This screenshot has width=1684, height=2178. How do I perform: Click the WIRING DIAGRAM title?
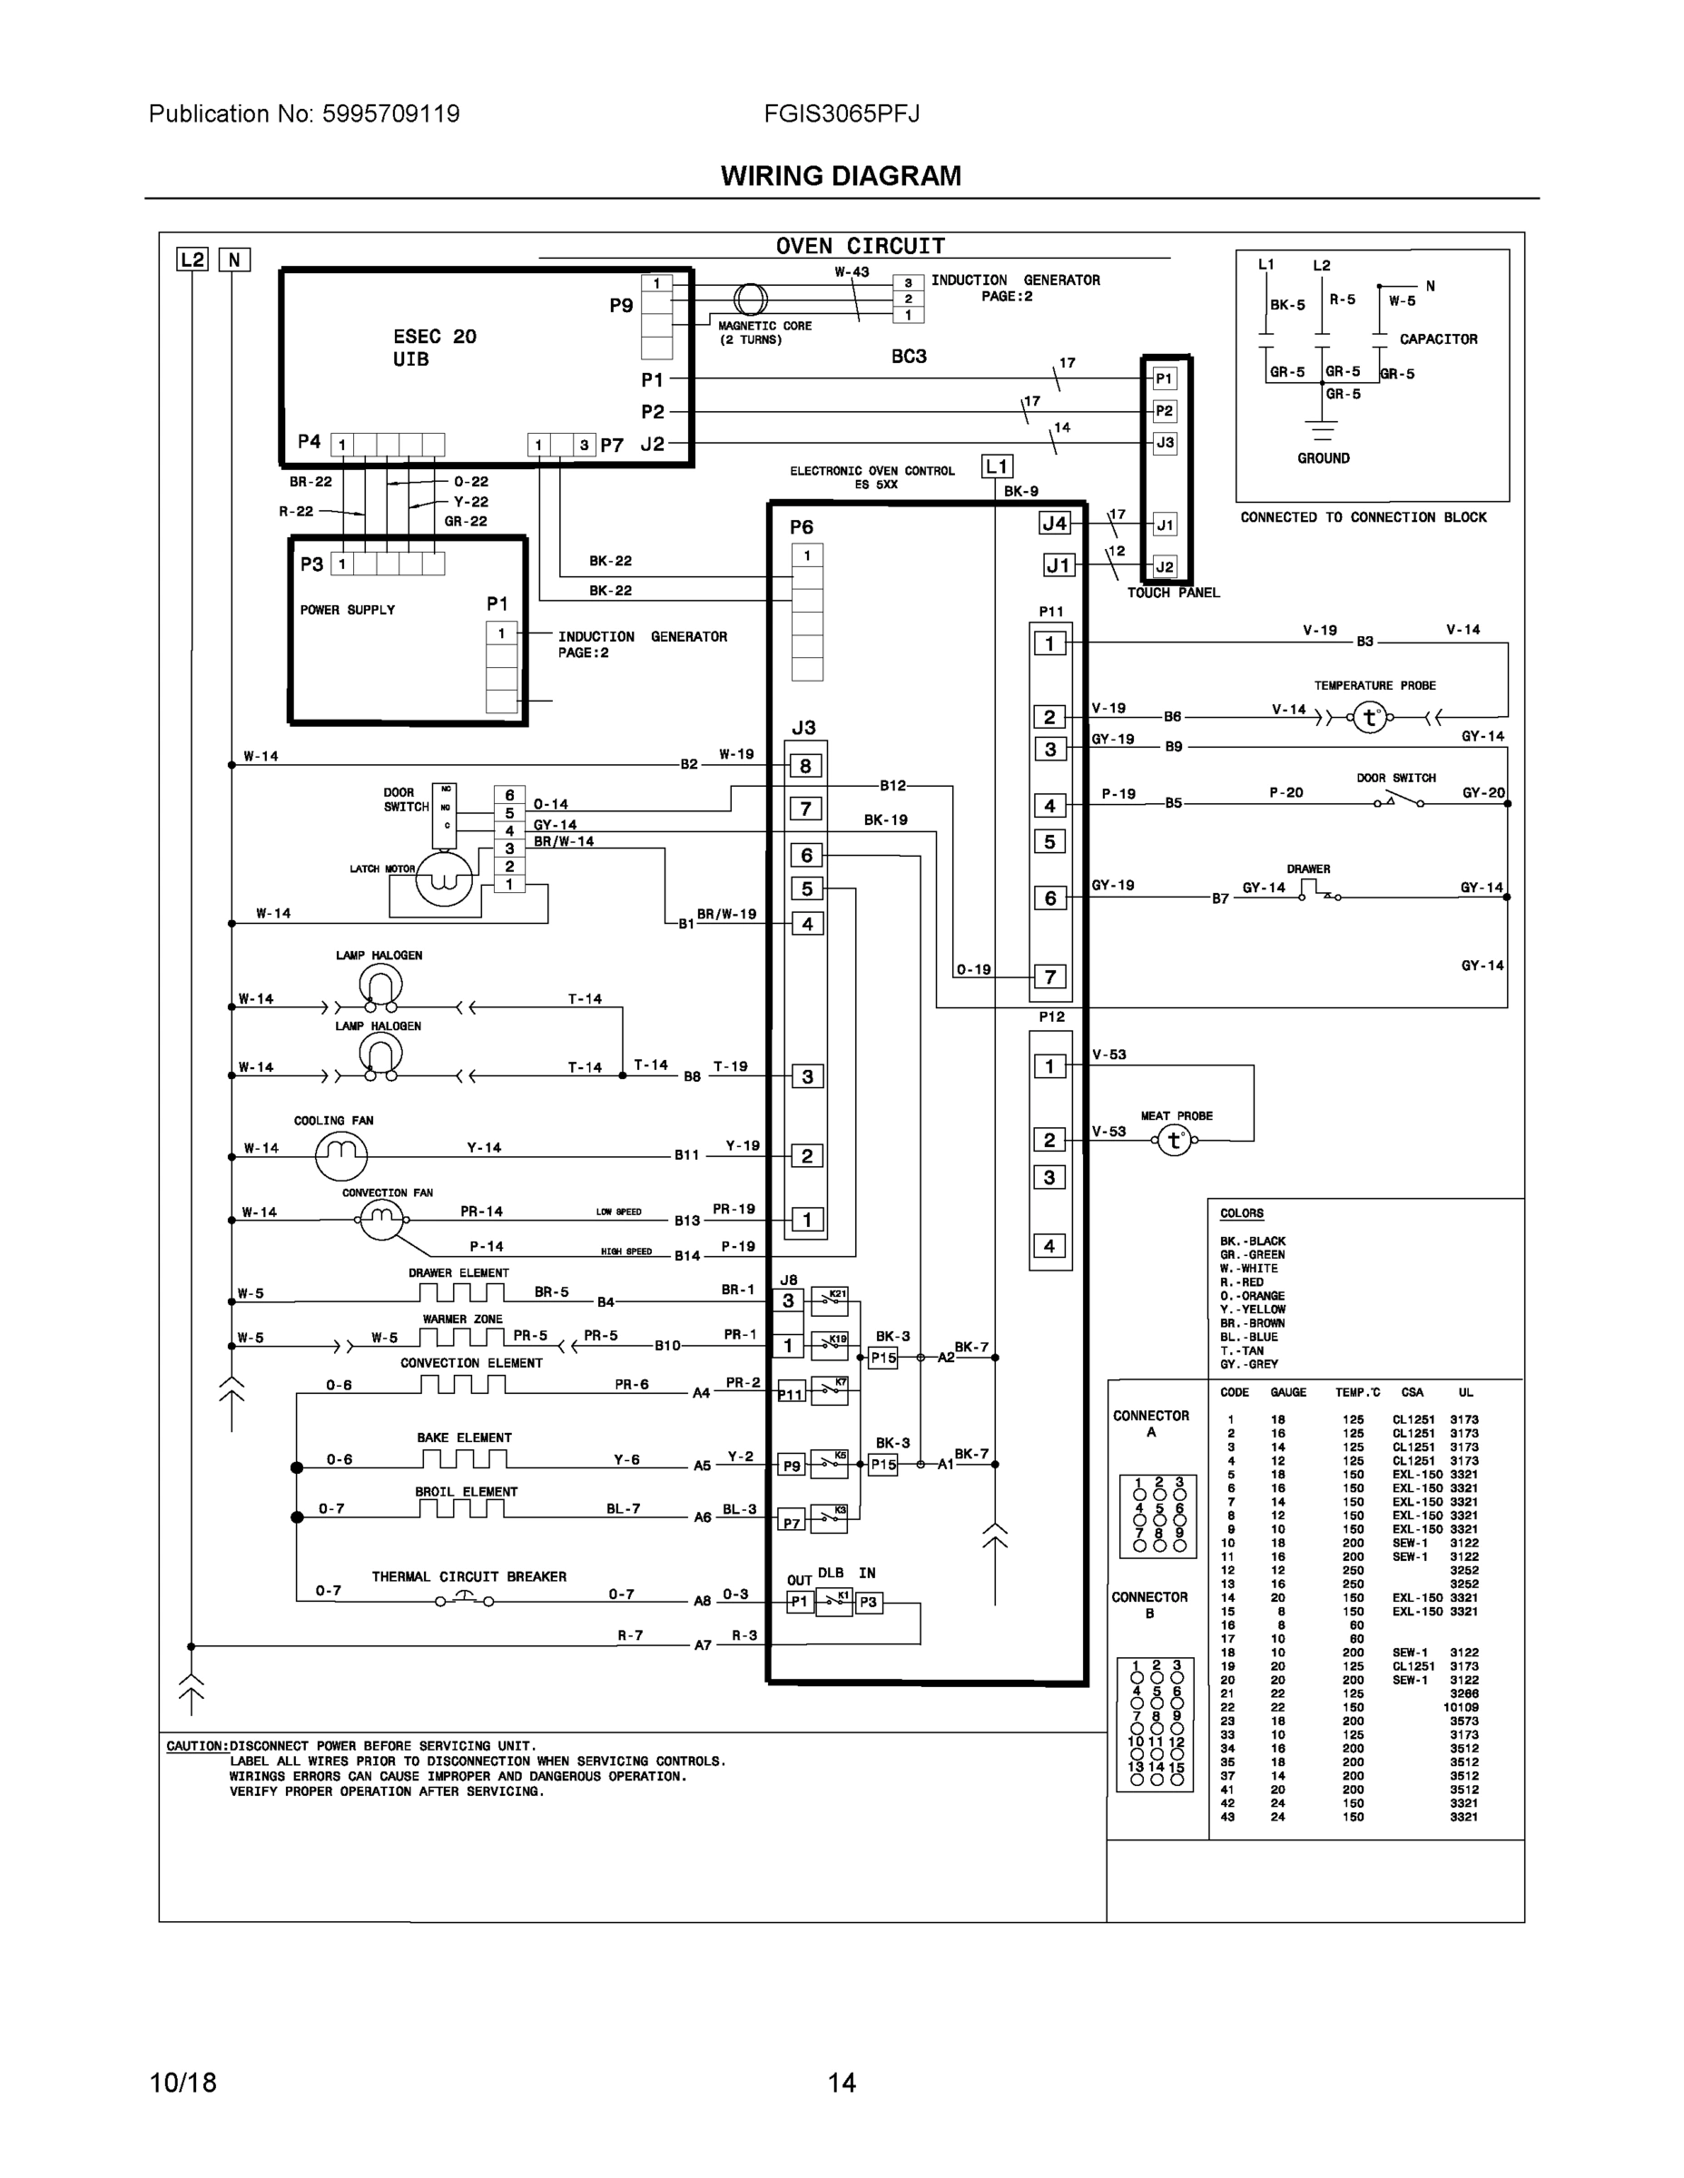[841, 177]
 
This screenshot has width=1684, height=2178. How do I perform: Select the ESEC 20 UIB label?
[434, 347]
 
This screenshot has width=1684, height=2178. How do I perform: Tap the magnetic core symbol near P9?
[750, 299]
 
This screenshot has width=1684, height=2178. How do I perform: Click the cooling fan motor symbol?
[341, 1155]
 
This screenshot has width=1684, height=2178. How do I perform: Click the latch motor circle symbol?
[443, 878]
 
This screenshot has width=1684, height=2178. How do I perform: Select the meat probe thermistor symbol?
[1174, 1140]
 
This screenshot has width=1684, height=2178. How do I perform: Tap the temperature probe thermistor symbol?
[1370, 717]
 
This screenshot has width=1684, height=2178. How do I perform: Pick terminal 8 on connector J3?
[806, 766]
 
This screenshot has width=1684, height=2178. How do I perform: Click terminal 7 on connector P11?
[1049, 976]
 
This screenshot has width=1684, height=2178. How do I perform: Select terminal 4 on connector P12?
[1049, 1246]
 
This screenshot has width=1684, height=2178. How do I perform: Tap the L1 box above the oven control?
[997, 466]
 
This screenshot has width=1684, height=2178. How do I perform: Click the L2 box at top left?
[192, 260]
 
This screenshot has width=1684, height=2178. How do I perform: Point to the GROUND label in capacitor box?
[1323, 458]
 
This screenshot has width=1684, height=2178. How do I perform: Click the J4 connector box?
[1055, 523]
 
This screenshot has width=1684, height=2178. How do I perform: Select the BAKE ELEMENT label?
[464, 1437]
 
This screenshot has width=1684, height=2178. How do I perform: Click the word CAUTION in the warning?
[195, 1746]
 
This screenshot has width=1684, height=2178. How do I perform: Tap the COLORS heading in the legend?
[1241, 1213]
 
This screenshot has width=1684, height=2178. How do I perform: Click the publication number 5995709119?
[390, 113]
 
